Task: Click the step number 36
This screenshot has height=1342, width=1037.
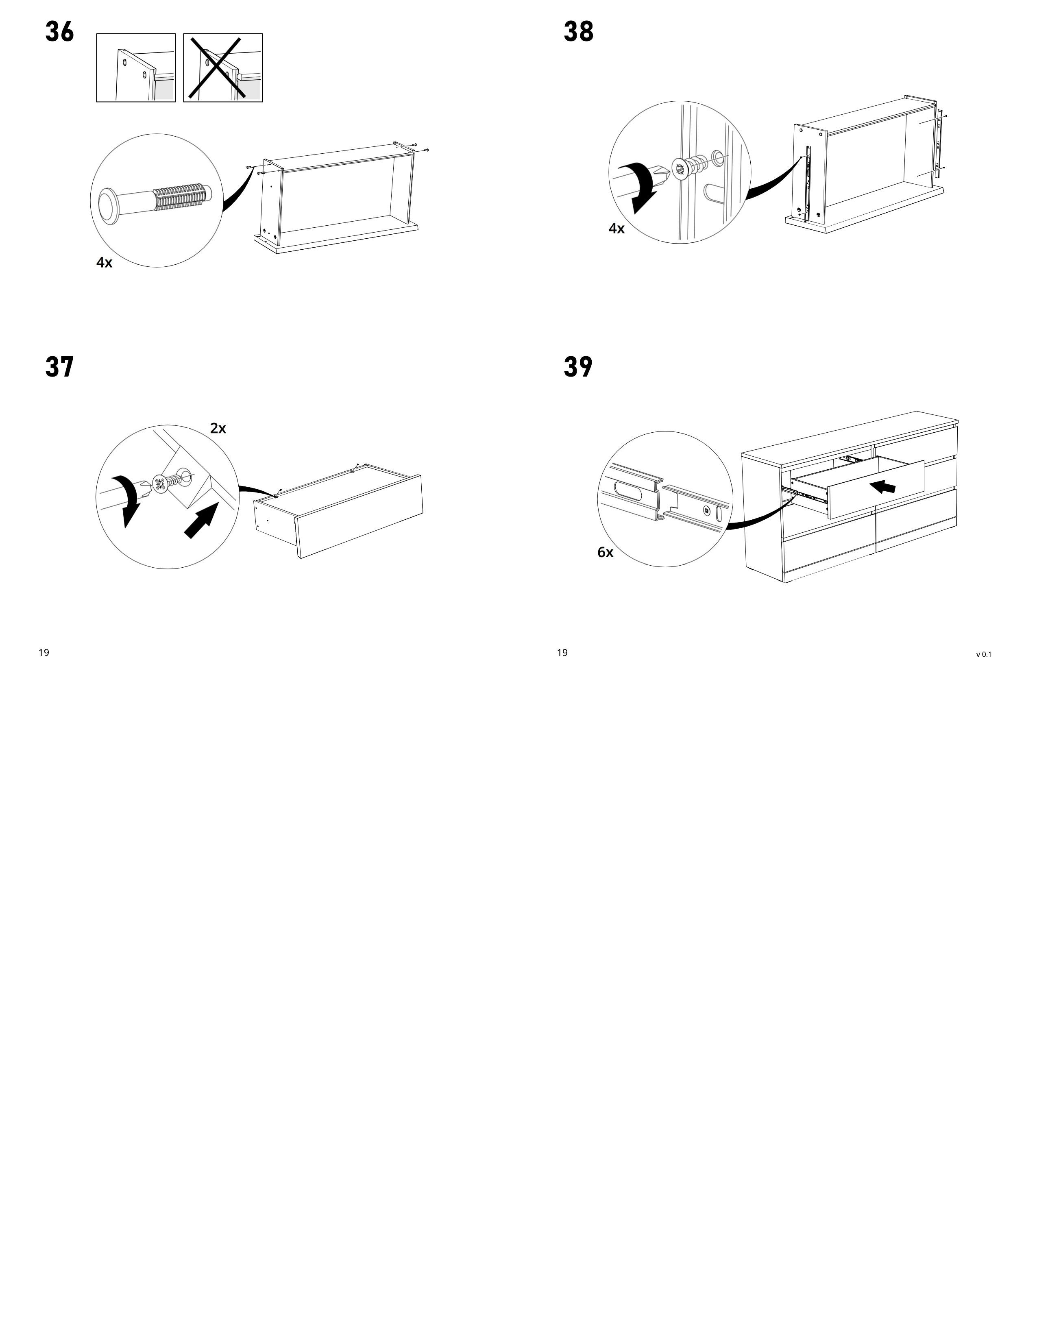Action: coord(60,32)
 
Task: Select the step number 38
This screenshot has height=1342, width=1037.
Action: coord(578,32)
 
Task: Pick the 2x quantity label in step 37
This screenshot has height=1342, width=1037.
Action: coord(218,428)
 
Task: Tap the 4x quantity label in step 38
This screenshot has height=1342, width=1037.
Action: coord(616,229)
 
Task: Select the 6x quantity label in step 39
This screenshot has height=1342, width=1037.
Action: coord(605,552)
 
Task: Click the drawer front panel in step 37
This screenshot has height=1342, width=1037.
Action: coord(360,516)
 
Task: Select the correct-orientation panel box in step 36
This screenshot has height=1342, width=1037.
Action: coord(136,68)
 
